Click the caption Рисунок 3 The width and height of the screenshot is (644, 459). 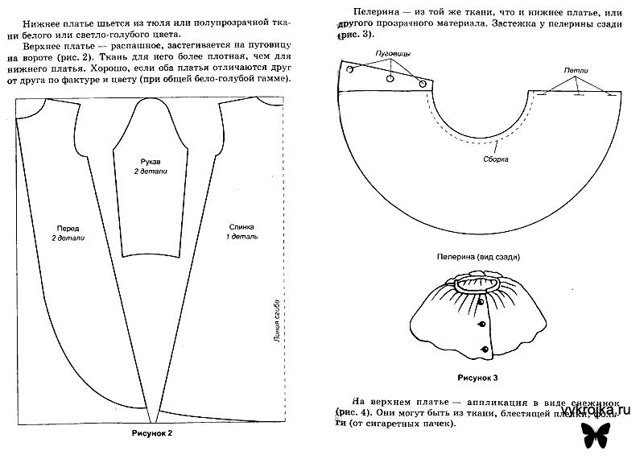[480, 376]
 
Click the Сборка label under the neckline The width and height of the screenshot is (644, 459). [497, 158]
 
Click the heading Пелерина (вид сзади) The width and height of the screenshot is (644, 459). [480, 258]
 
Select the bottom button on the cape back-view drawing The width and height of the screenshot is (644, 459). [485, 348]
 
